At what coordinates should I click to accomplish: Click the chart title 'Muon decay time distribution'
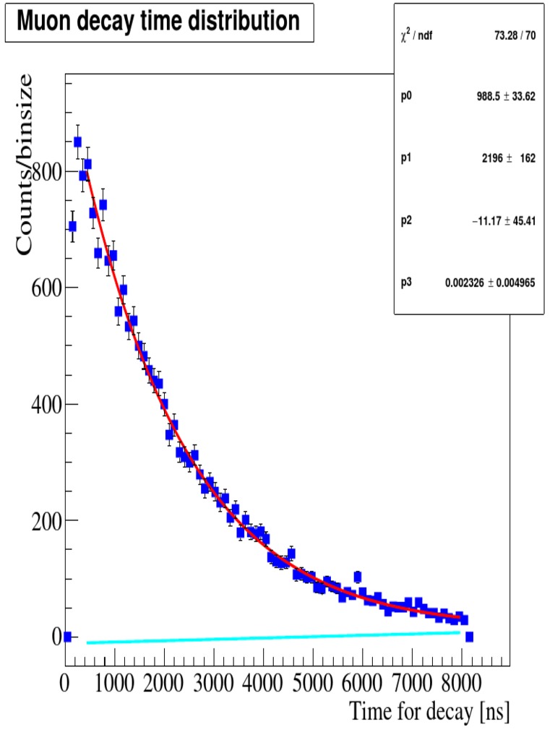tap(158, 22)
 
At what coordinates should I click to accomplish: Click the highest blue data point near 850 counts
tap(77, 142)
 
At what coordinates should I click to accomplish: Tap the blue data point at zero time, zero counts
tap(67, 637)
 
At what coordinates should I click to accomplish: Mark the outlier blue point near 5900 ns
tap(357, 576)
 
